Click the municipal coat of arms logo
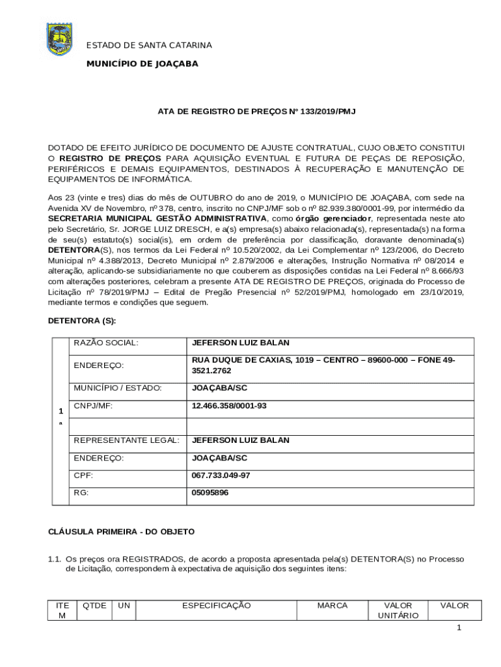click(60, 39)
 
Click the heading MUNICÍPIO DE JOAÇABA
click(142, 64)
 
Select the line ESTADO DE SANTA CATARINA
click(150, 45)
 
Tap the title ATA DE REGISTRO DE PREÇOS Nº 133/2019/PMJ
click(256, 112)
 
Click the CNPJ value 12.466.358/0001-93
click(229, 405)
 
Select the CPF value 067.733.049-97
click(221, 475)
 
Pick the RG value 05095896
click(210, 493)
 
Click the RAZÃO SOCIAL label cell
click(106, 343)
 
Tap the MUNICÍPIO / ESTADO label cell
click(117, 388)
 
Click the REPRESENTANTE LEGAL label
click(126, 440)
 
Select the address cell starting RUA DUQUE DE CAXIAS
click(323, 365)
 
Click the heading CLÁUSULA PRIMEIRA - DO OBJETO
click(122, 532)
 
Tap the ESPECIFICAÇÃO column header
click(216, 606)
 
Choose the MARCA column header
click(332, 606)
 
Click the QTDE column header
click(95, 606)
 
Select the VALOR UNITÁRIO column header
click(398, 610)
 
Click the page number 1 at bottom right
click(459, 628)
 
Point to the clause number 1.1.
click(56, 559)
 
